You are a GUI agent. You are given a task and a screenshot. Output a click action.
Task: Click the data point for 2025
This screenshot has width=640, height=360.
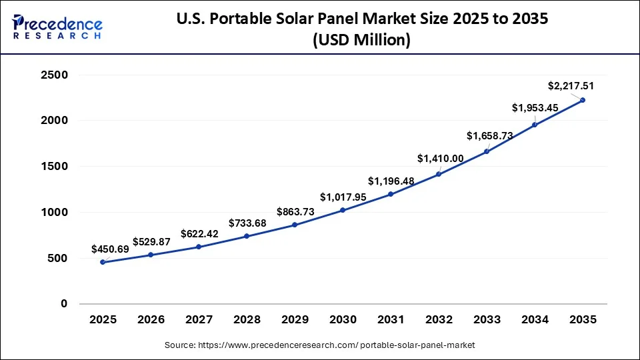point(102,262)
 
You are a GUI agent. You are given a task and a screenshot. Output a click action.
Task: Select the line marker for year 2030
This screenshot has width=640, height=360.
point(343,210)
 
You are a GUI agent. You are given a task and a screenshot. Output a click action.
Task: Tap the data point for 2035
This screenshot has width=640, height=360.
point(583,100)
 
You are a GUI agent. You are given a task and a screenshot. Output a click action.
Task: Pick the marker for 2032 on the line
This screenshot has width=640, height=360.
point(439,174)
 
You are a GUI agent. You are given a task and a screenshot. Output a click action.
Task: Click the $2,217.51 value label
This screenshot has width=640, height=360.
point(571,86)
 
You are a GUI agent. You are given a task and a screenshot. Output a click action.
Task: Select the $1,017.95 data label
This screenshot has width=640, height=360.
point(343,197)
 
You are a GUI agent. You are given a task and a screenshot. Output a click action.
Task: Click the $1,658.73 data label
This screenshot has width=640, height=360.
point(490,136)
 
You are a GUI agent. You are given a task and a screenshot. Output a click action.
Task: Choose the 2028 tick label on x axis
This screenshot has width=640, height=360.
point(247,320)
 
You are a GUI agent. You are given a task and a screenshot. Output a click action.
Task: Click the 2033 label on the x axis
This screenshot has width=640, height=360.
point(487,320)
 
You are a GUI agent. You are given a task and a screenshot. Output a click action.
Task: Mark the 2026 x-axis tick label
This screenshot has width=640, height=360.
point(151,320)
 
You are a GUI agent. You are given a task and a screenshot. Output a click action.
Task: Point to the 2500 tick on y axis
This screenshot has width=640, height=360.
point(54,75)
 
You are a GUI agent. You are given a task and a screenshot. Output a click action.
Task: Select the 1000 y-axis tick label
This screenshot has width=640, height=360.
point(54,213)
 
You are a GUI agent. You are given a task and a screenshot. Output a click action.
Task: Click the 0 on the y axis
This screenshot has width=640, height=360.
point(64,304)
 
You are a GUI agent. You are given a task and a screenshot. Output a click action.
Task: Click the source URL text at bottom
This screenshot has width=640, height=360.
point(320,345)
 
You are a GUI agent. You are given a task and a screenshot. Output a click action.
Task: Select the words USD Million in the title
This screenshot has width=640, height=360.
point(361,41)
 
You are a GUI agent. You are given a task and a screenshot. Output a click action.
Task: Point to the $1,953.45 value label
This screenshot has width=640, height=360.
point(535,107)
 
